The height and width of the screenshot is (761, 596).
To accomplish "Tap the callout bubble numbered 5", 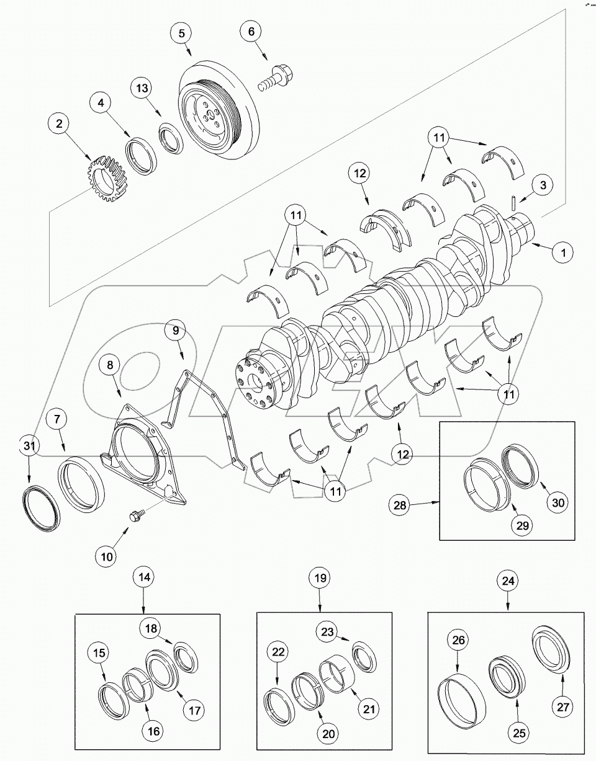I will coord(182,33).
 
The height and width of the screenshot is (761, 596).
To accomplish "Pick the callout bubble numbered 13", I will coord(143,89).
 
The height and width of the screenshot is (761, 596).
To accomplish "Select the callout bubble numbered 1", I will coord(563,252).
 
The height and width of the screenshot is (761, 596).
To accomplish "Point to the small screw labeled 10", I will coord(134,515).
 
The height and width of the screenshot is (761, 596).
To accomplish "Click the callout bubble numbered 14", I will coord(144,576).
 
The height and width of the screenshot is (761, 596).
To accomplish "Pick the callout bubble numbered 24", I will coord(508,582).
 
